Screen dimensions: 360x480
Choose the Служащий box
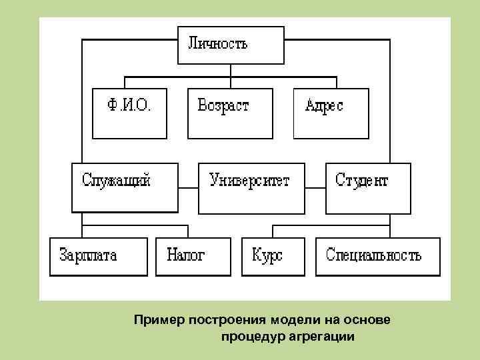pos(125,187)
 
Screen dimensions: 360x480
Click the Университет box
pos(252,187)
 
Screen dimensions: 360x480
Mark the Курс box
pos(271,256)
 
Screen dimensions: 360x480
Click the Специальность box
pos(377,256)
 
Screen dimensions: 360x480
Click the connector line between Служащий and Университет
pos(189,187)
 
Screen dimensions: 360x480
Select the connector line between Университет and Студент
pos(315,187)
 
